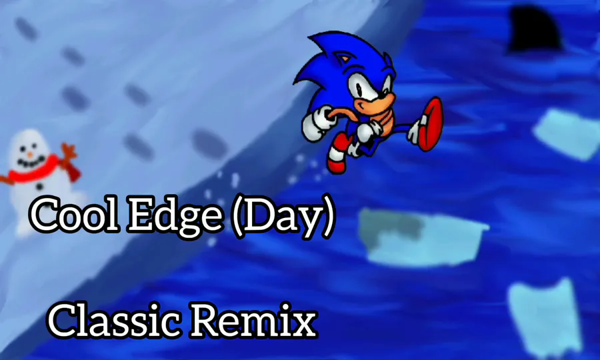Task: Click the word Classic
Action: pyautogui.click(x=114, y=320)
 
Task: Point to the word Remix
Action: pyautogui.click(x=254, y=320)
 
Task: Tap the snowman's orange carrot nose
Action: pyautogui.click(x=30, y=155)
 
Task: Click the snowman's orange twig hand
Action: pyautogui.click(x=69, y=151)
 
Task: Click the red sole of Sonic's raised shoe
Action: pyautogui.click(x=432, y=123)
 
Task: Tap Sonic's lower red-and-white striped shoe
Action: pyautogui.click(x=337, y=154)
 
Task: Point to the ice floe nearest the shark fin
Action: pyautogui.click(x=566, y=134)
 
